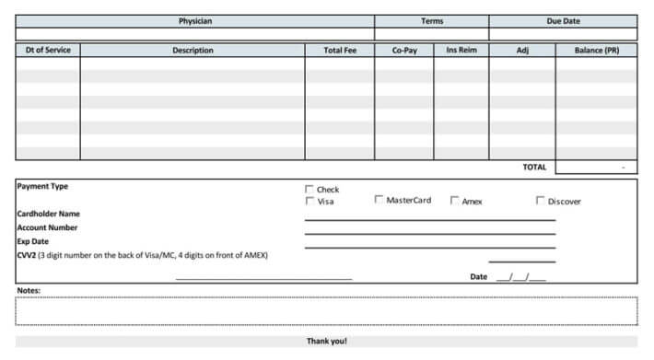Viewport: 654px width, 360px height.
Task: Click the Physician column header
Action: pyautogui.click(x=195, y=21)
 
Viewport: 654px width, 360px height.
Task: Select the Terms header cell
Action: pyautogui.click(x=431, y=21)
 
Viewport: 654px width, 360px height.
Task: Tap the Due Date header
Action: pyautogui.click(x=563, y=21)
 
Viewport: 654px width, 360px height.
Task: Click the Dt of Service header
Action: pyautogui.click(x=48, y=51)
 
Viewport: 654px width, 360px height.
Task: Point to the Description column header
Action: pyautogui.click(x=193, y=51)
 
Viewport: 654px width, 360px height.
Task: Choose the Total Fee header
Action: pyautogui.click(x=340, y=51)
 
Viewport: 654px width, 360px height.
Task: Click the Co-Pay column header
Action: pyautogui.click(x=404, y=51)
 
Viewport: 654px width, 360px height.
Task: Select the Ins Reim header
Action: pyautogui.click(x=461, y=51)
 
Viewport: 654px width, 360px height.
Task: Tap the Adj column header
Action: pyautogui.click(x=522, y=51)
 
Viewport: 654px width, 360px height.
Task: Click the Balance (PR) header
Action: pyautogui.click(x=596, y=51)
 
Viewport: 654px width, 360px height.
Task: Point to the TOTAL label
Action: pyautogui.click(x=534, y=168)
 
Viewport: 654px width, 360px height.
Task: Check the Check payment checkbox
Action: pyautogui.click(x=309, y=189)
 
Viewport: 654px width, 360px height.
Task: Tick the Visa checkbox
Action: pyautogui.click(x=309, y=201)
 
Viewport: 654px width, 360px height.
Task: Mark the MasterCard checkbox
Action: pyautogui.click(x=379, y=200)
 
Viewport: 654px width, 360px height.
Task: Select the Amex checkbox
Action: pyautogui.click(x=455, y=200)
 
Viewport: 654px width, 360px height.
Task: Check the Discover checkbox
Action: pyautogui.click(x=541, y=200)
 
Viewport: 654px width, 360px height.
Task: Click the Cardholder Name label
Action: pyautogui.click(x=49, y=214)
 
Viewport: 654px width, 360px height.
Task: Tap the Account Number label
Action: pyautogui.click(x=47, y=227)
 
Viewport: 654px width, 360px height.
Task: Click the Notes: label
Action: pyautogui.click(x=29, y=291)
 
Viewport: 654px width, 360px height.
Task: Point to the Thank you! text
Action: pyautogui.click(x=326, y=342)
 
